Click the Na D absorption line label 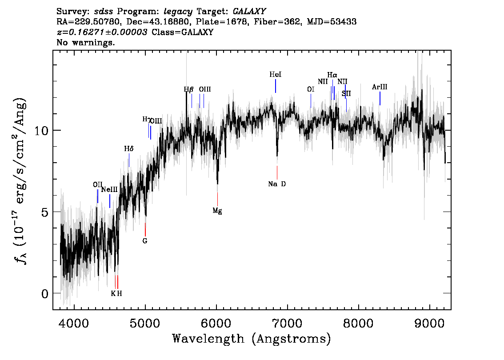[x=277, y=184]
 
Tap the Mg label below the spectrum [x=217, y=211]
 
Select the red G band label [x=145, y=241]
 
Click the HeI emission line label [x=276, y=75]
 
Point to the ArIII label [x=380, y=87]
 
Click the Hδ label [x=128, y=149]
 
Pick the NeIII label [x=109, y=189]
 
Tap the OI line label [x=311, y=89]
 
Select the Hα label [x=332, y=75]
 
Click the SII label [x=346, y=93]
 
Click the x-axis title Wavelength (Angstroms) [x=252, y=339]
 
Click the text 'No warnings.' [x=86, y=43]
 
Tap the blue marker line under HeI [x=276, y=86]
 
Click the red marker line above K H [x=117, y=282]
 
